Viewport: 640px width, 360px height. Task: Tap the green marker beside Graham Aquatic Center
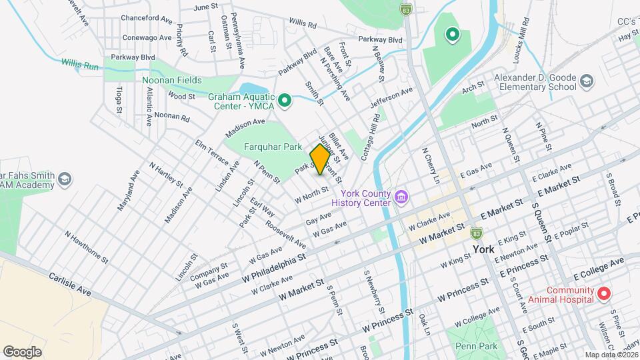pos(285,101)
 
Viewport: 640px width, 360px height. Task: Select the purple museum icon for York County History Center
pos(401,197)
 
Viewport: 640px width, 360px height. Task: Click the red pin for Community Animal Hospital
pos(604,293)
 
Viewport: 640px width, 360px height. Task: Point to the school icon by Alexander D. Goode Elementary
pos(586,81)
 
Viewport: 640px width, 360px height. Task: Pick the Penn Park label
pos(476,346)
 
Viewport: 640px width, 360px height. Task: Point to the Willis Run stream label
pos(80,65)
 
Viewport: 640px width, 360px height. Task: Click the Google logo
pos(22,351)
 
